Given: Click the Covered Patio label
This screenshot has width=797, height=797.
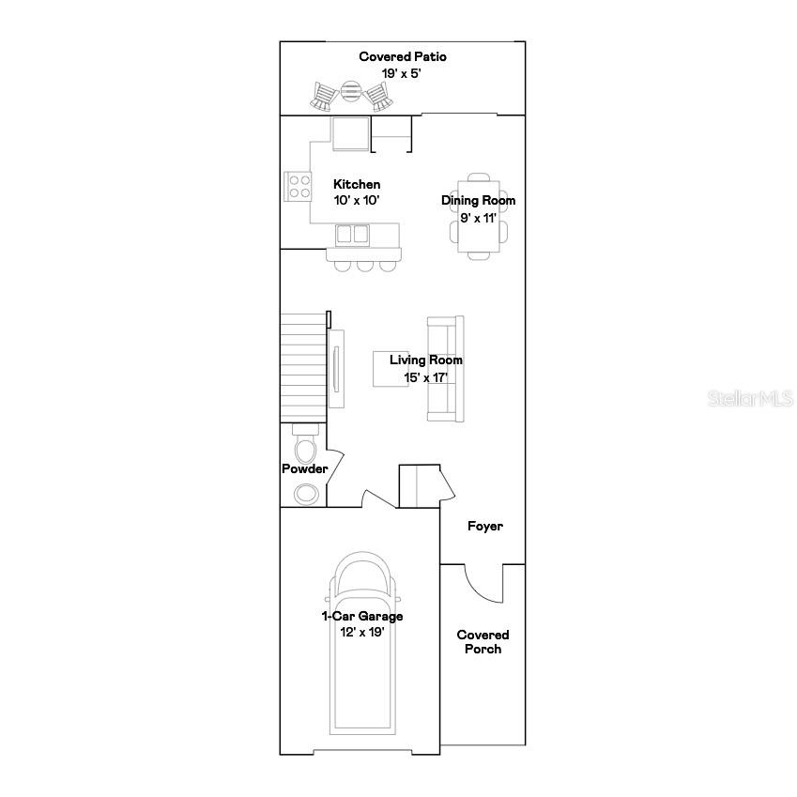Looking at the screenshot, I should (403, 57).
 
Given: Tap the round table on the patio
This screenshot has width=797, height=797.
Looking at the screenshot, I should (350, 91).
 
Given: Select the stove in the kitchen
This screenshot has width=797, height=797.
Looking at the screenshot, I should (299, 186).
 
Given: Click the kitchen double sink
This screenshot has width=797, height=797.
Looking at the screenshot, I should (353, 233).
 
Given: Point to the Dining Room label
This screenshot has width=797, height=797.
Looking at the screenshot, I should (479, 200).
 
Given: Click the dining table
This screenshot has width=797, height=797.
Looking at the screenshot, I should (479, 217).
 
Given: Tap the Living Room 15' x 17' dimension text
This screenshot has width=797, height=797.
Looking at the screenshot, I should (425, 377).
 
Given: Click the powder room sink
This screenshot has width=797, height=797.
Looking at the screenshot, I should (306, 493).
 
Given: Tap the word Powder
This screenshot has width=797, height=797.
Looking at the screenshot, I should (305, 468).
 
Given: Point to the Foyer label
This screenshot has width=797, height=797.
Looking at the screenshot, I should (485, 526).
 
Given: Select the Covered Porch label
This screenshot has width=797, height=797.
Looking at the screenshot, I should (483, 642).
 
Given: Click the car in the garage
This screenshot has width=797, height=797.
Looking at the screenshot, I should (362, 648).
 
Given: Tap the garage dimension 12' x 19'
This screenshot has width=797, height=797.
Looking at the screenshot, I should (362, 632).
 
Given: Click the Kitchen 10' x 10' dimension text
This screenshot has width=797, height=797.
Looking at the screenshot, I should (357, 200).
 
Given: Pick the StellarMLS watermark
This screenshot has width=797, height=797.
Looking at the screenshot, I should (748, 398).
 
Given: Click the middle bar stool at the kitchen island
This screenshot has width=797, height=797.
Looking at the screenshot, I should (364, 265).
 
